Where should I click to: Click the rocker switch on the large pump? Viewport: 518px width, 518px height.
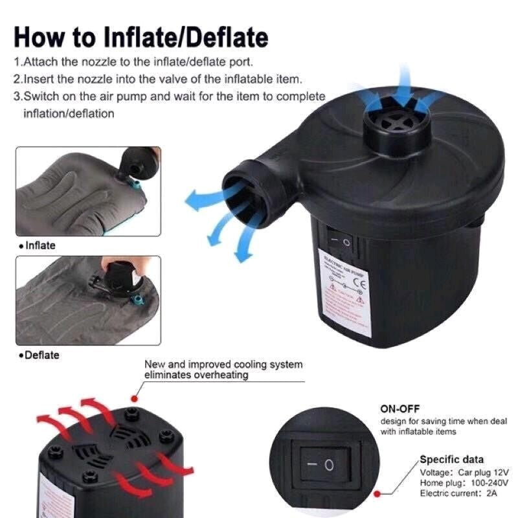click(338, 242)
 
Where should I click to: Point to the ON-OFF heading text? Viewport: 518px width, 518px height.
click(400, 409)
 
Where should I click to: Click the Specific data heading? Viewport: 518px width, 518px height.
click(451, 459)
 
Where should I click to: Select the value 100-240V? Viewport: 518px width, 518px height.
click(486, 482)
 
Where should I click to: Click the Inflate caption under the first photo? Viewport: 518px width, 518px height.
click(40, 245)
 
